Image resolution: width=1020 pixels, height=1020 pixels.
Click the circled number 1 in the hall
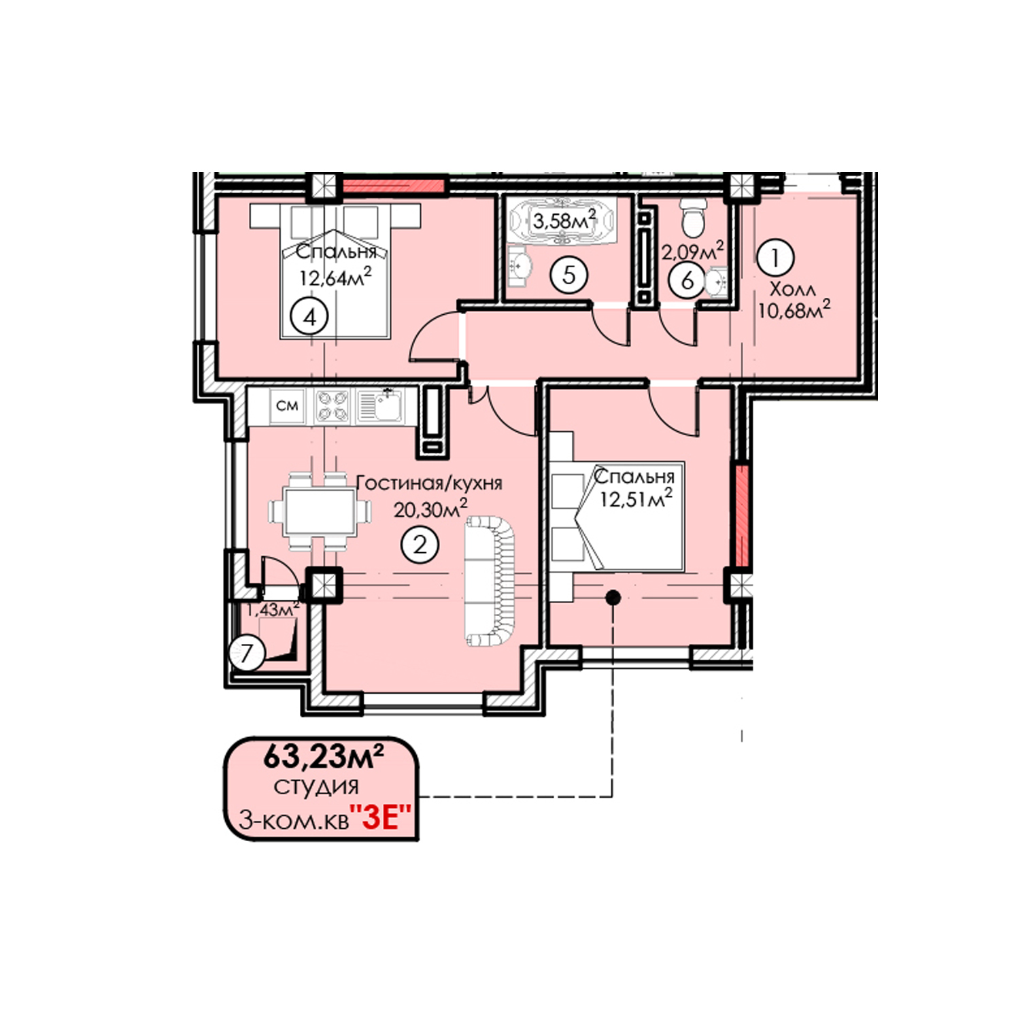coord(775,258)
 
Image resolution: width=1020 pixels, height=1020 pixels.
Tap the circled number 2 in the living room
coord(420,545)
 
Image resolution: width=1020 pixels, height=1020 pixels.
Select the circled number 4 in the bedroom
coord(310,317)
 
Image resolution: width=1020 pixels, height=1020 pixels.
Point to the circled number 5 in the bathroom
coord(569,275)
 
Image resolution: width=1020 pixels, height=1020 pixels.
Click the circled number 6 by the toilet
coord(687,280)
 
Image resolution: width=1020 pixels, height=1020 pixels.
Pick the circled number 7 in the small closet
coord(247,654)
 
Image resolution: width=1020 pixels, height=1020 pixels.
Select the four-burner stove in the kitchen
coord(333,406)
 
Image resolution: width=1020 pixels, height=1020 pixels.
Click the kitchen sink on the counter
coord(379,406)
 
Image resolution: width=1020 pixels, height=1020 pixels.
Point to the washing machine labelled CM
coord(287,406)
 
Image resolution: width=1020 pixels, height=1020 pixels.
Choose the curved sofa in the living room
coord(490,581)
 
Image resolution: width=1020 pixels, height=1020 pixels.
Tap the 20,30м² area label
coord(430,508)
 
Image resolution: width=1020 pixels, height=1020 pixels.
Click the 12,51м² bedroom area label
coord(636,498)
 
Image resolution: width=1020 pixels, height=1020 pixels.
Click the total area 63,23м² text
coord(324,756)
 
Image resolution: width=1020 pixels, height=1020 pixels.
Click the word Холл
coord(792,289)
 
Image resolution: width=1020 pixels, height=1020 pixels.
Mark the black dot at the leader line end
coord(613,598)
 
